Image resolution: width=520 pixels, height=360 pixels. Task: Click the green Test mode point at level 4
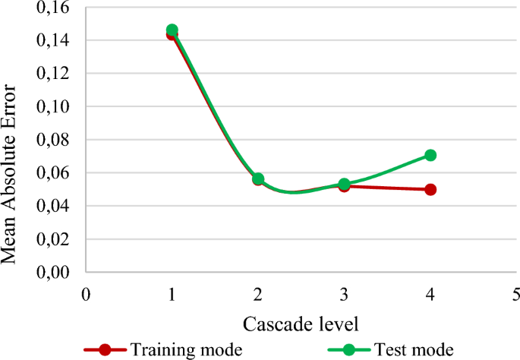(430, 155)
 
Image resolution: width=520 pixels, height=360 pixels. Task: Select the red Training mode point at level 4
(430, 189)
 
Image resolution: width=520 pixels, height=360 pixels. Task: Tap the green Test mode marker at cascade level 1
(172, 30)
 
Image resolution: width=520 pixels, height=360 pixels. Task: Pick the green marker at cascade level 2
(258, 178)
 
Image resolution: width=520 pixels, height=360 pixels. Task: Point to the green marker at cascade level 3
(344, 184)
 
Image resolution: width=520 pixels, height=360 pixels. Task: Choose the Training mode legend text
(187, 349)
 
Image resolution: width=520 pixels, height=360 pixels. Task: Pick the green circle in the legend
(349, 349)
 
